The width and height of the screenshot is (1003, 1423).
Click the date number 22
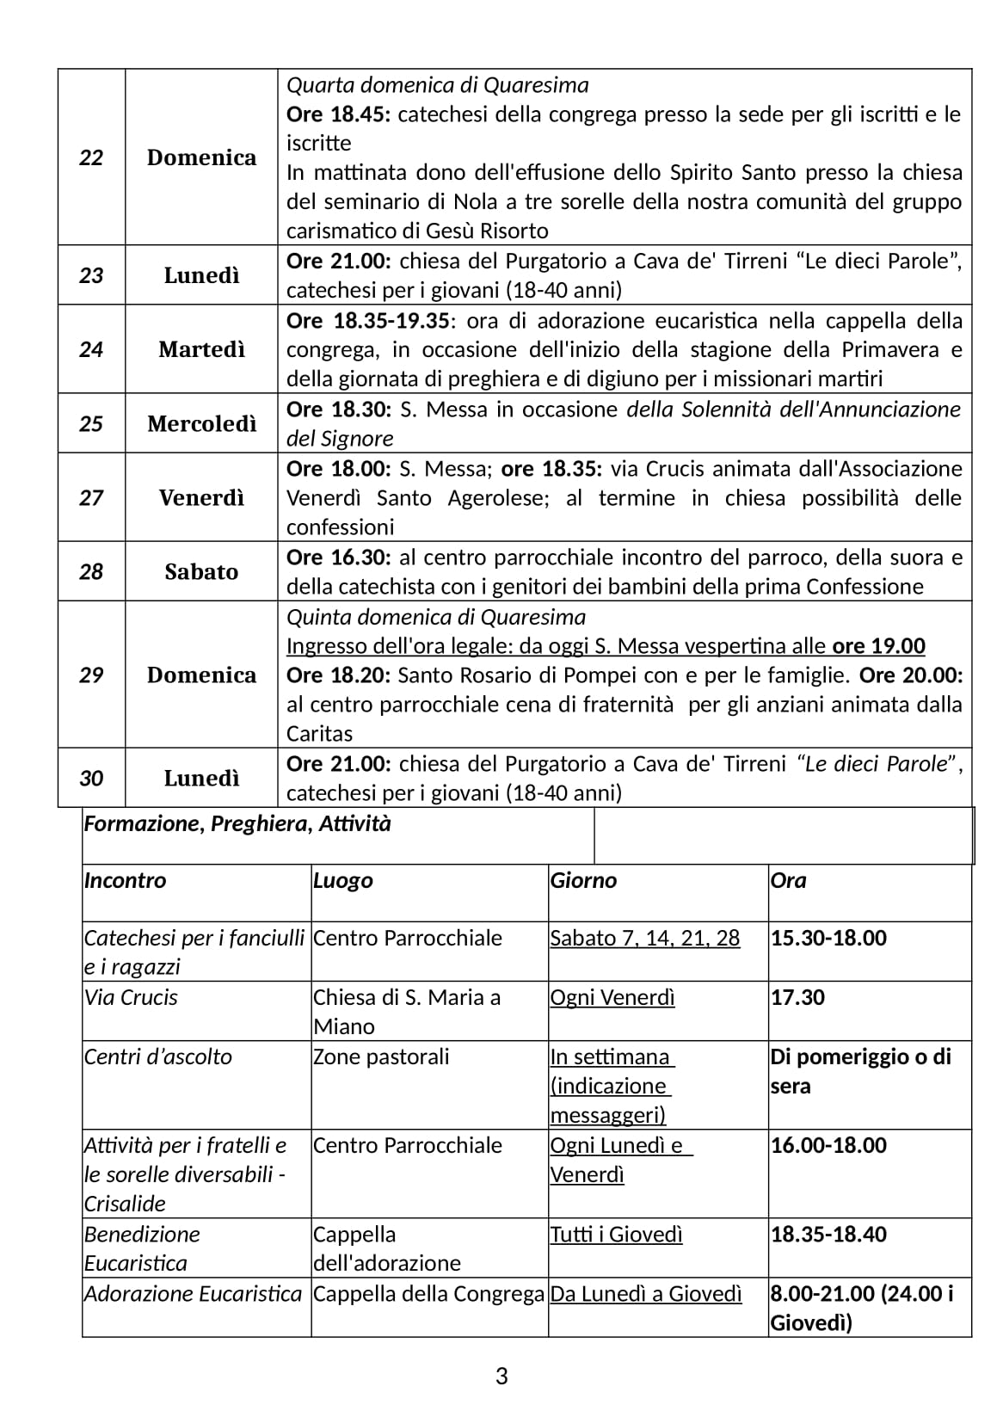pyautogui.click(x=91, y=157)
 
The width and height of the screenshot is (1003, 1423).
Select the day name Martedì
pyautogui.click(x=201, y=349)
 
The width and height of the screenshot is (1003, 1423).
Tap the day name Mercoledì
pyautogui.click(x=201, y=423)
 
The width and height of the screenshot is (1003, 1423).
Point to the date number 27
pyautogui.click(x=91, y=497)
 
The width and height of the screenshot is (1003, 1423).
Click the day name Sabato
pyautogui.click(x=201, y=571)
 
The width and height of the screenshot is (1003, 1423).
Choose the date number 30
pyautogui.click(x=91, y=778)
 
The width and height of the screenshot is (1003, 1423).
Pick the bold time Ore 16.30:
pyautogui.click(x=338, y=557)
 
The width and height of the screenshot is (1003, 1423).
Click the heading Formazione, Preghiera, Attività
pyautogui.click(x=237, y=824)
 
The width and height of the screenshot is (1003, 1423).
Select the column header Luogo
pyautogui.click(x=342, y=880)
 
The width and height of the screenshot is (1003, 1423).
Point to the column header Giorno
pyautogui.click(x=583, y=880)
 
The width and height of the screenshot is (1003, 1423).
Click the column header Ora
pyautogui.click(x=788, y=880)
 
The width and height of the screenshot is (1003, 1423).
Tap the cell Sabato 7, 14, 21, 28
pyautogui.click(x=644, y=938)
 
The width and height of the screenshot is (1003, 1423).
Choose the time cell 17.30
pyautogui.click(x=797, y=997)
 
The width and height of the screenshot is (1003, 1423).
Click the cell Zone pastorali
pyautogui.click(x=381, y=1056)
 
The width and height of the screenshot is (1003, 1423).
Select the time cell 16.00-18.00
pyautogui.click(x=828, y=1145)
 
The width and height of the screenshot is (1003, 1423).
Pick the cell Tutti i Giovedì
pyautogui.click(x=616, y=1235)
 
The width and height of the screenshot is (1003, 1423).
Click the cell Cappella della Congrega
pyautogui.click(x=428, y=1294)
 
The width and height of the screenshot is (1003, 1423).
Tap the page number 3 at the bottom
pyautogui.click(x=501, y=1377)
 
